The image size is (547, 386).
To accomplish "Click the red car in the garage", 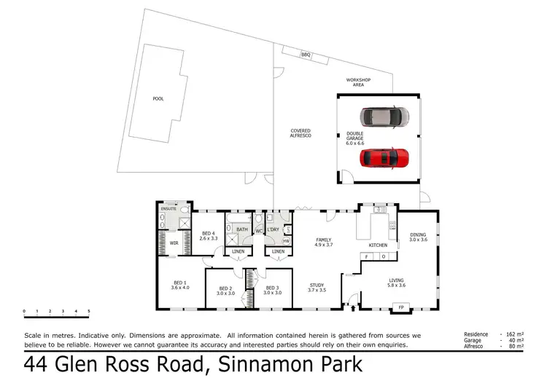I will click(384, 157).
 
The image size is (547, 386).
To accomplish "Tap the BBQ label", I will click(306, 55).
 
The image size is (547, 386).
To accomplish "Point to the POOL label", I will click(158, 99).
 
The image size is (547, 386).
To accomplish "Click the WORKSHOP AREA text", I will click(358, 82).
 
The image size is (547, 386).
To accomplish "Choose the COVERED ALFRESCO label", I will click(301, 133).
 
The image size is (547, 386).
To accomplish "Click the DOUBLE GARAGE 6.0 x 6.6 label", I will click(355, 138).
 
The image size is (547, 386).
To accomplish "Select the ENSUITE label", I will click(168, 209).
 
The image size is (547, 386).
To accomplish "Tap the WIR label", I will click(174, 243).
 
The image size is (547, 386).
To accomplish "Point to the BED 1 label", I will click(179, 285).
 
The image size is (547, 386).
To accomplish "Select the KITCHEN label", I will click(377, 245).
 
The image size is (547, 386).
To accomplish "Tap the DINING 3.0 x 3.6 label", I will click(417, 237).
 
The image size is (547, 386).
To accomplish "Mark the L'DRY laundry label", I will click(273, 230).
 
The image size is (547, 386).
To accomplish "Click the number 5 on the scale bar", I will click(89, 311).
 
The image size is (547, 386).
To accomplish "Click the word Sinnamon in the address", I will click(250, 363).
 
